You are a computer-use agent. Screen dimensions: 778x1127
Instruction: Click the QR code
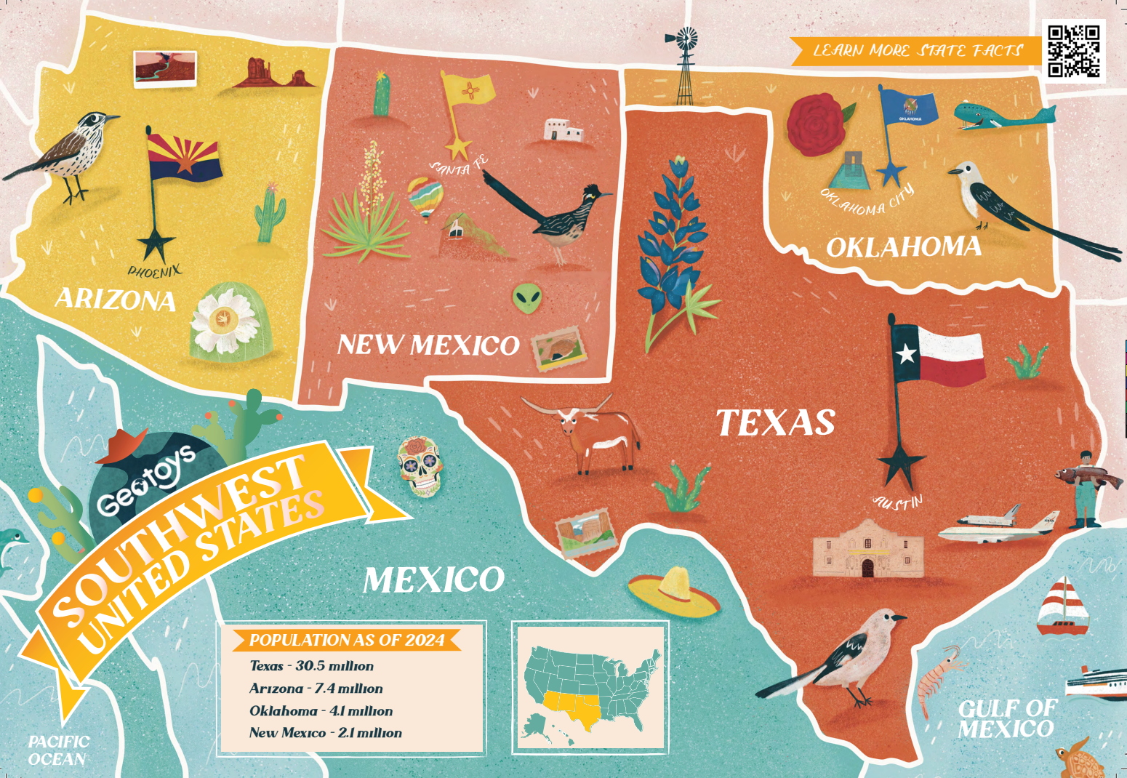1074,51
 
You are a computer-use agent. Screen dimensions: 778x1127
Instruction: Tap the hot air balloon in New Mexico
425,197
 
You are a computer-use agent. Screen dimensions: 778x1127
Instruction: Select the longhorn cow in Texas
589,433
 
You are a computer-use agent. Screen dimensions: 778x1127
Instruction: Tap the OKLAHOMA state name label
904,248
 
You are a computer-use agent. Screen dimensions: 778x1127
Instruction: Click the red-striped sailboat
1062,606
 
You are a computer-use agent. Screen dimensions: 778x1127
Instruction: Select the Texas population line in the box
311,666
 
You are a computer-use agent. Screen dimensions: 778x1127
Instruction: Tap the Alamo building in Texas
868,550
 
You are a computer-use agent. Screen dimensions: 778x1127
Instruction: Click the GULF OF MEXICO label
1006,719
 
